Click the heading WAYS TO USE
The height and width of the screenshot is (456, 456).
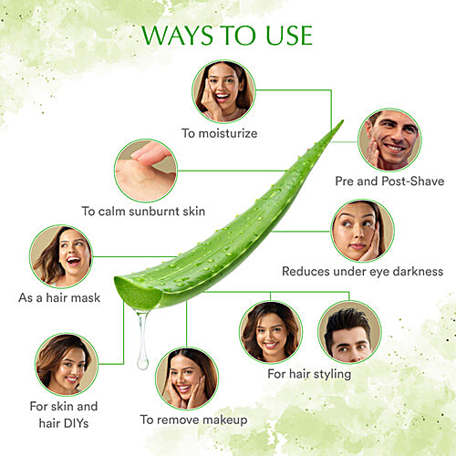coord(227,36)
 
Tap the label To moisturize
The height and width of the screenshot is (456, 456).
coord(219,133)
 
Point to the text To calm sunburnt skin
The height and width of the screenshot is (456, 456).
coord(143,211)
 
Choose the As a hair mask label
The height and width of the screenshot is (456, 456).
coord(60,298)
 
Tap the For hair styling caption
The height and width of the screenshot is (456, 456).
coord(309,374)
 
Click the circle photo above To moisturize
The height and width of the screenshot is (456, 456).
coord(223,91)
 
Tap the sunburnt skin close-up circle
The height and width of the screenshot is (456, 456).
coord(145,170)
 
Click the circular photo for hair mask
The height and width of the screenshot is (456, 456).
coord(61,256)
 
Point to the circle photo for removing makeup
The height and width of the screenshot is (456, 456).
coord(186,378)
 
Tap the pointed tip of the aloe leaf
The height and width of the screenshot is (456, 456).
coord(341,122)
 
